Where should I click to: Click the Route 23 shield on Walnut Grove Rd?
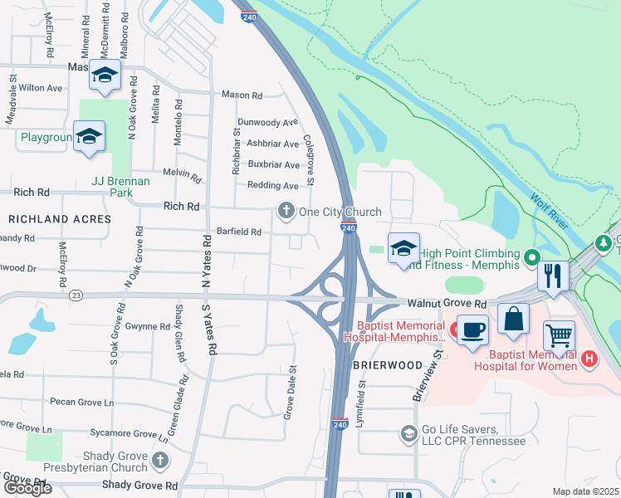[x=77, y=295]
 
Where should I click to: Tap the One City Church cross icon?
[x=286, y=211]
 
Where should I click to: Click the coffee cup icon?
[x=472, y=330]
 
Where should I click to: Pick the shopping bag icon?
[x=514, y=318]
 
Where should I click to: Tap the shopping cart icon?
[x=559, y=336]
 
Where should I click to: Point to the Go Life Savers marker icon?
[x=408, y=433]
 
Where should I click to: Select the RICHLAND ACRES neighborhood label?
[x=60, y=219]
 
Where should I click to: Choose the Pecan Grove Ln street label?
[x=81, y=403]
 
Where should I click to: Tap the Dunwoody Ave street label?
[x=266, y=122]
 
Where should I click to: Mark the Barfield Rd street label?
[x=238, y=232]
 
